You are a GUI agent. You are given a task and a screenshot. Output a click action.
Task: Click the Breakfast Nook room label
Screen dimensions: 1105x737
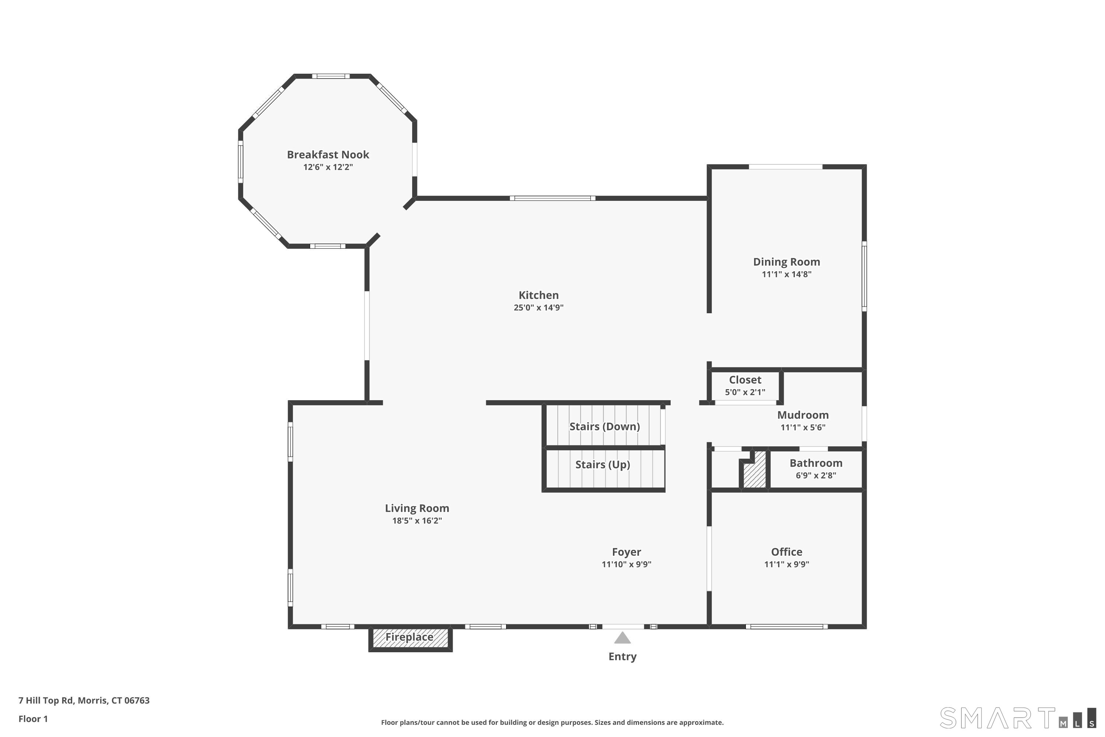pyautogui.click(x=328, y=155)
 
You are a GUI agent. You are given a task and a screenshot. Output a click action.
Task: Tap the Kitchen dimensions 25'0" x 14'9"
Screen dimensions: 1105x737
pyautogui.click(x=539, y=307)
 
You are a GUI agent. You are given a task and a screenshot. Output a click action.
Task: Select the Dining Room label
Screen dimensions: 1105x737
pyautogui.click(x=786, y=262)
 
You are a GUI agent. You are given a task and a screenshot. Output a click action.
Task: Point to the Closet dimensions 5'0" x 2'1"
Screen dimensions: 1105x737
pyautogui.click(x=745, y=392)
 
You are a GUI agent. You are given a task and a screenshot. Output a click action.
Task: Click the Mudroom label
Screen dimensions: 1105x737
pyautogui.click(x=803, y=415)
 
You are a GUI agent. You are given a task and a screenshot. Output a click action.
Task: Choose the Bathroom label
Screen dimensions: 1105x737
pyautogui.click(x=816, y=463)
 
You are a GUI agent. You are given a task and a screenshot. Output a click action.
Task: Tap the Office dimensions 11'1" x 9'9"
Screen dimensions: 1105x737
pyautogui.click(x=786, y=564)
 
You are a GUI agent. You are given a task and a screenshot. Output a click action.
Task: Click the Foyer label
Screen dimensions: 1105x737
pyautogui.click(x=626, y=552)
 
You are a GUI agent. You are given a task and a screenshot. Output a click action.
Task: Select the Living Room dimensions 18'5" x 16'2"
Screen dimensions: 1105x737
pyautogui.click(x=417, y=520)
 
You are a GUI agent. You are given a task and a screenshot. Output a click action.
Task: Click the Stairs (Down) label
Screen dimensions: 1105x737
pyautogui.click(x=605, y=426)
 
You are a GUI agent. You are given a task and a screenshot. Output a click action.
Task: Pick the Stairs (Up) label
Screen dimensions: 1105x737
pyautogui.click(x=603, y=464)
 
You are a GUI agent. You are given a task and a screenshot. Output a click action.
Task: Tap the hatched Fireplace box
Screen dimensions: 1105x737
pyautogui.click(x=410, y=638)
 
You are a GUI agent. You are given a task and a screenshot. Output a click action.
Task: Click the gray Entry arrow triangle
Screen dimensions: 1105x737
pyautogui.click(x=622, y=638)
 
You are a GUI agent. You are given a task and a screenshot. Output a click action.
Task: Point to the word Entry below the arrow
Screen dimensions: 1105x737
pyautogui.click(x=622, y=657)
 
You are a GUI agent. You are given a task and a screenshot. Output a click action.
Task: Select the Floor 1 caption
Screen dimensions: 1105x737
pyautogui.click(x=33, y=719)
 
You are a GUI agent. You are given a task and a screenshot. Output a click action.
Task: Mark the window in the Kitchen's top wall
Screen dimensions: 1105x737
pyautogui.click(x=552, y=198)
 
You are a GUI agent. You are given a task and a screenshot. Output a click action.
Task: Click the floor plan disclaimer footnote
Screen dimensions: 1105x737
pyautogui.click(x=552, y=722)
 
